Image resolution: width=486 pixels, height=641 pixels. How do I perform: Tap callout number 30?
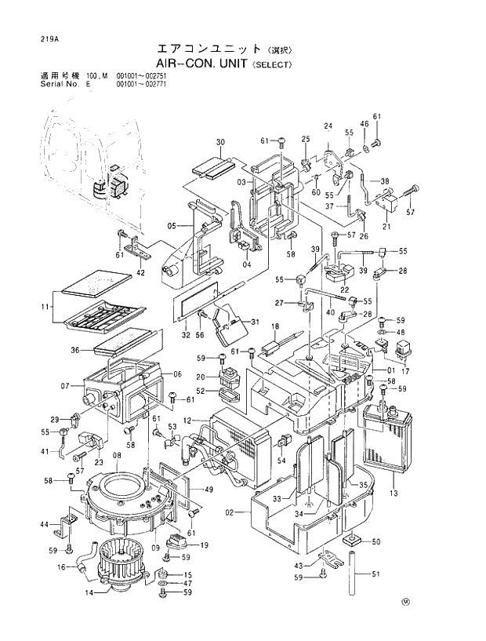coord(220,142)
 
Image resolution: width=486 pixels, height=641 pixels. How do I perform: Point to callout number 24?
coord(328,126)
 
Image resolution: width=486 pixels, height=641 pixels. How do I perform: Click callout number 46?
coord(364,125)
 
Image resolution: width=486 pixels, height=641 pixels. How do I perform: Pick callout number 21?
coord(386,226)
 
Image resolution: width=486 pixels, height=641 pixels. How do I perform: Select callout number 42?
coord(141,272)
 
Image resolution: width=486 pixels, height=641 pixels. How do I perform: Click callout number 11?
coord(46,307)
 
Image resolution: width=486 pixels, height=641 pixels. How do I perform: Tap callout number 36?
coord(76,350)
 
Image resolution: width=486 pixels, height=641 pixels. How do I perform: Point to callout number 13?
coord(394,493)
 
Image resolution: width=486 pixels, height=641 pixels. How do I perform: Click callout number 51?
coord(375,574)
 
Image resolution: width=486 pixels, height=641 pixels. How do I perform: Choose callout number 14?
coord(89,593)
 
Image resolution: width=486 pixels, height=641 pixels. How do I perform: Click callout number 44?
coord(45,524)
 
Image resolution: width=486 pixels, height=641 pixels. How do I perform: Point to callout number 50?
coord(375,541)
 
